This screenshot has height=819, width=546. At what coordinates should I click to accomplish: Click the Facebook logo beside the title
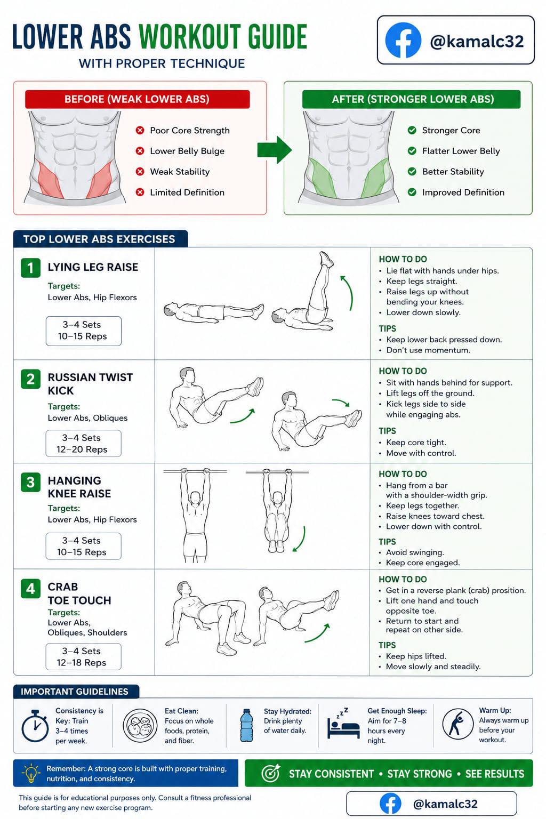[403, 40]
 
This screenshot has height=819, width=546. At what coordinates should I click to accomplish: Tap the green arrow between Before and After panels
[274, 149]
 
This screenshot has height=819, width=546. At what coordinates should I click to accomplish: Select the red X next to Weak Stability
[140, 172]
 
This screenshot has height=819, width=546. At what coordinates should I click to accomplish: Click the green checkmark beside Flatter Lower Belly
[412, 151]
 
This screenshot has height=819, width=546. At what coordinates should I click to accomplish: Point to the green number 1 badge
[31, 268]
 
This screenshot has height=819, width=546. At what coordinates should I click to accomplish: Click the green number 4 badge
[31, 588]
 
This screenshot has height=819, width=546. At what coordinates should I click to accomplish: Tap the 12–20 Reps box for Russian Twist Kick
[83, 443]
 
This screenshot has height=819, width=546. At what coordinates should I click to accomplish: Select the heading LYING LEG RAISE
[93, 267]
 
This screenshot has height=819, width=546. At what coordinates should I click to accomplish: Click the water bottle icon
[246, 725]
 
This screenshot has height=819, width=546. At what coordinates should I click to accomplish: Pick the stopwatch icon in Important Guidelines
[35, 726]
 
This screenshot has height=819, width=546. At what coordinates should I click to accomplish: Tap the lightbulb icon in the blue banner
[31, 773]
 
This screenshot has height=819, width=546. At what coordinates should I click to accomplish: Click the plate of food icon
[140, 725]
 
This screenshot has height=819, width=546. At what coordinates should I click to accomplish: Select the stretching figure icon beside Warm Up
[457, 724]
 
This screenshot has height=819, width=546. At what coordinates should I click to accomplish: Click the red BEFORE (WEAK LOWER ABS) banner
[138, 99]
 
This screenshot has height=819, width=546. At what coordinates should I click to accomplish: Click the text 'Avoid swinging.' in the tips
[415, 552]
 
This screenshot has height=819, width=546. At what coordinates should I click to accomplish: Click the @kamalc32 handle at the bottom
[445, 804]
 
